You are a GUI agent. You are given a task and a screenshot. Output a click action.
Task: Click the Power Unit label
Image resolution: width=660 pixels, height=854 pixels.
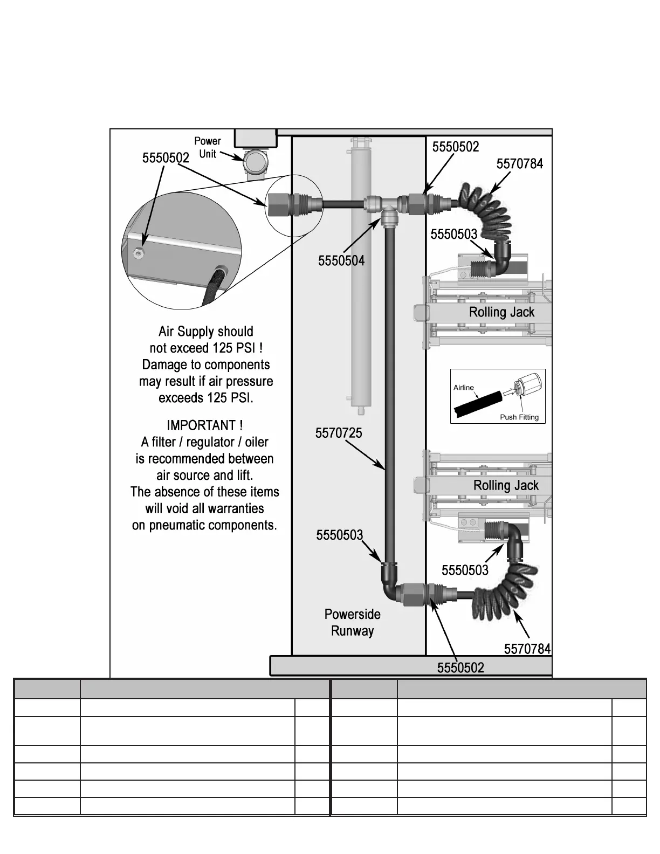[x=208, y=147]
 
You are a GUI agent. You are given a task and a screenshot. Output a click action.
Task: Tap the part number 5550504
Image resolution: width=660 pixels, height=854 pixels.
[x=341, y=261]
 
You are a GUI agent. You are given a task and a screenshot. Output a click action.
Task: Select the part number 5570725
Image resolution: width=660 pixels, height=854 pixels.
[x=339, y=433]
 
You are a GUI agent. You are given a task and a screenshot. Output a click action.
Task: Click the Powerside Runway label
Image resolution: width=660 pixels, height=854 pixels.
[x=352, y=622]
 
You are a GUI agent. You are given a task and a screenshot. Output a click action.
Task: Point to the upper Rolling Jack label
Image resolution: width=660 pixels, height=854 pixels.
[x=501, y=312]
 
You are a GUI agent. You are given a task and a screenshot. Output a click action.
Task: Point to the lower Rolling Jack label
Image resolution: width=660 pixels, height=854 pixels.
[x=506, y=485]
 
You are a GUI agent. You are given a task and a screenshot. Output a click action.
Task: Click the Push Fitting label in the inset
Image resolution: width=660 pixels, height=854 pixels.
[x=519, y=417]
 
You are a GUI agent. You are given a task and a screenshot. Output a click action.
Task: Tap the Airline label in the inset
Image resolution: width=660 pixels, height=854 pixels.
[x=463, y=387]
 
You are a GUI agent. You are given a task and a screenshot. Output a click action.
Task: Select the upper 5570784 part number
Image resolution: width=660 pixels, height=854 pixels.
[x=519, y=164]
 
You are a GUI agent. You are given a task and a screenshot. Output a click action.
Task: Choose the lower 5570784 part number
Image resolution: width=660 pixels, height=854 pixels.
[x=527, y=649]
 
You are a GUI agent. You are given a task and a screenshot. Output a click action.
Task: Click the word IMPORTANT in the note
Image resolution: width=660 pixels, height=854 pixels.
[x=201, y=425]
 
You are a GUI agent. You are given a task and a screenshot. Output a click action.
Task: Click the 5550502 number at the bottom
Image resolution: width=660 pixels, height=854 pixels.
[x=460, y=667]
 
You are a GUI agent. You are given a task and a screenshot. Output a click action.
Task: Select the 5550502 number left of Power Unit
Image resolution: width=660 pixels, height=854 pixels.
[x=166, y=158]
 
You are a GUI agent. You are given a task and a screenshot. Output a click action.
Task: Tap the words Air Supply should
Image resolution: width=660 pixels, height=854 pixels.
[x=205, y=331]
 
